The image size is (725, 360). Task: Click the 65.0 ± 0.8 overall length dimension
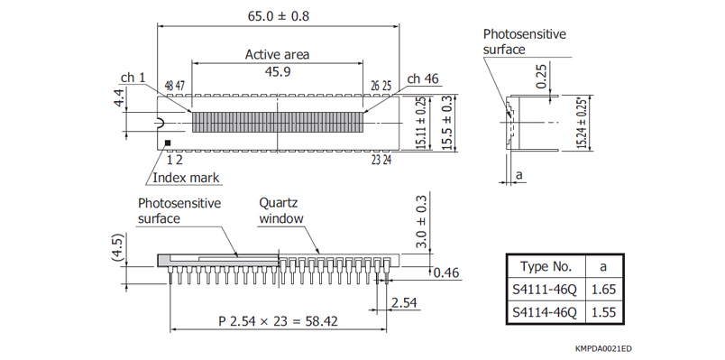point(279,15)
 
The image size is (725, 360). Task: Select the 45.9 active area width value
point(278,71)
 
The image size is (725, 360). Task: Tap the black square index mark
point(168,143)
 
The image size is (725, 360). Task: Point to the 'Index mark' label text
point(186,178)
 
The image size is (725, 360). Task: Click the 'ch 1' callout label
point(133,78)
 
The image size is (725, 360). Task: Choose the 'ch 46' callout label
point(423,79)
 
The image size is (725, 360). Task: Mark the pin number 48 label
point(170,86)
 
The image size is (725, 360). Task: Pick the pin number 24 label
point(387,160)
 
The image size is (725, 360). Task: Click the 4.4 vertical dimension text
point(120,98)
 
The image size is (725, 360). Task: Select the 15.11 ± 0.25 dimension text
point(422,123)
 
